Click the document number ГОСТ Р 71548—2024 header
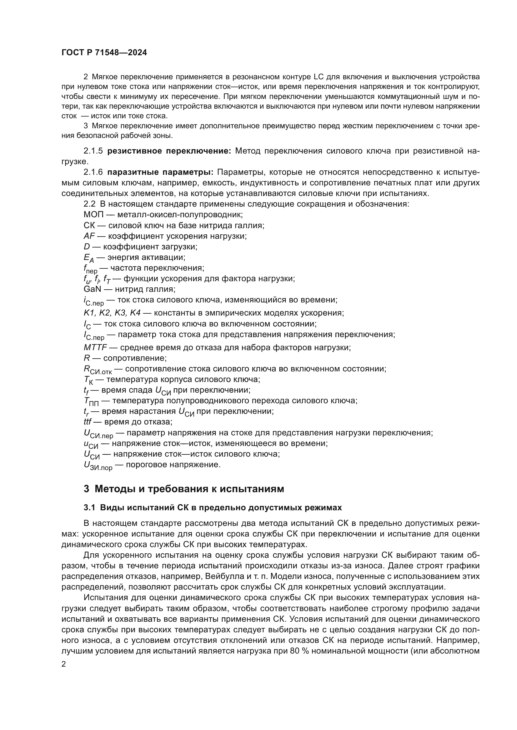[104, 53]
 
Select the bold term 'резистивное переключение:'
[169, 151]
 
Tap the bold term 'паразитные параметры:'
[160, 172]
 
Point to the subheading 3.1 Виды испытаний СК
[213, 507]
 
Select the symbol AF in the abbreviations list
[89, 236]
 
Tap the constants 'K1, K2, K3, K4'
[112, 313]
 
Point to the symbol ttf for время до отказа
[87, 422]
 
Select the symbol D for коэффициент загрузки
[87, 247]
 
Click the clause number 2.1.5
[93, 151]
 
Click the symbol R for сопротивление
[87, 358]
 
